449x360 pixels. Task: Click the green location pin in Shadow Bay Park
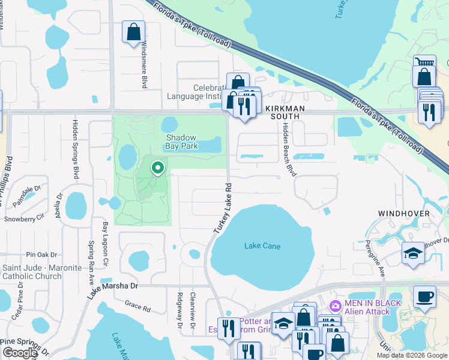tap(157, 168)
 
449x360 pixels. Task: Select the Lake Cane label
tap(262, 246)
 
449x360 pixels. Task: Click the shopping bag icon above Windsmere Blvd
tap(133, 32)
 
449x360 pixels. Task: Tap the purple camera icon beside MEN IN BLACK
tap(335, 305)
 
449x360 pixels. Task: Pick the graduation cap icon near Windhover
tap(413, 253)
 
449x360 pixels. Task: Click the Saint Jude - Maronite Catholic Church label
tap(41, 272)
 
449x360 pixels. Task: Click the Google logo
tap(20, 353)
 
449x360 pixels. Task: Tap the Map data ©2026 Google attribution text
tap(411, 355)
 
